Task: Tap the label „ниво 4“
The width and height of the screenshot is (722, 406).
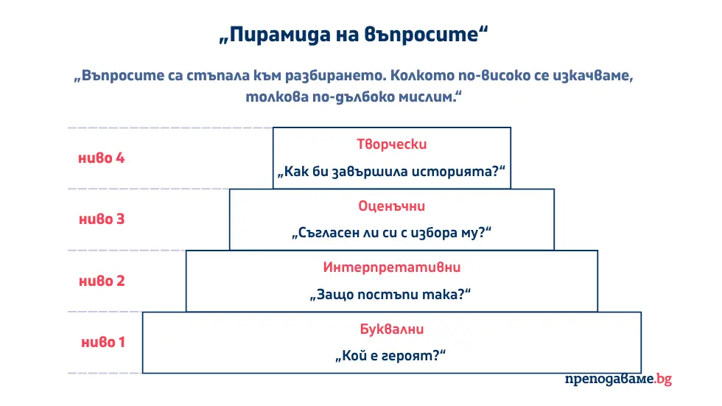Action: [x=101, y=158]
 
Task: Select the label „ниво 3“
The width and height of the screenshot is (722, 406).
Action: [x=101, y=219]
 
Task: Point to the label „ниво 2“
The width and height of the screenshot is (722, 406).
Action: [x=101, y=281]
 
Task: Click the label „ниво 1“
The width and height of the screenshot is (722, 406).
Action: [x=102, y=342]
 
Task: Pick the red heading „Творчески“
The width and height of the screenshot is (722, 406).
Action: [x=391, y=144]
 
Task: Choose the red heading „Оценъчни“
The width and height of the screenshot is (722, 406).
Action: [x=391, y=206]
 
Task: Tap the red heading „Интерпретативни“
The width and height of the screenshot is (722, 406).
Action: [x=391, y=267]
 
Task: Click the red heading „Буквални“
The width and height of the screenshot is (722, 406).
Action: [x=391, y=329]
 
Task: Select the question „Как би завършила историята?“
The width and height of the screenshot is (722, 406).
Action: [x=391, y=172]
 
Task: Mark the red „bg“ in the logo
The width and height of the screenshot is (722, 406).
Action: [x=663, y=379]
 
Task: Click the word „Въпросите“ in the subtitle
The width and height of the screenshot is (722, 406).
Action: [x=116, y=77]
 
